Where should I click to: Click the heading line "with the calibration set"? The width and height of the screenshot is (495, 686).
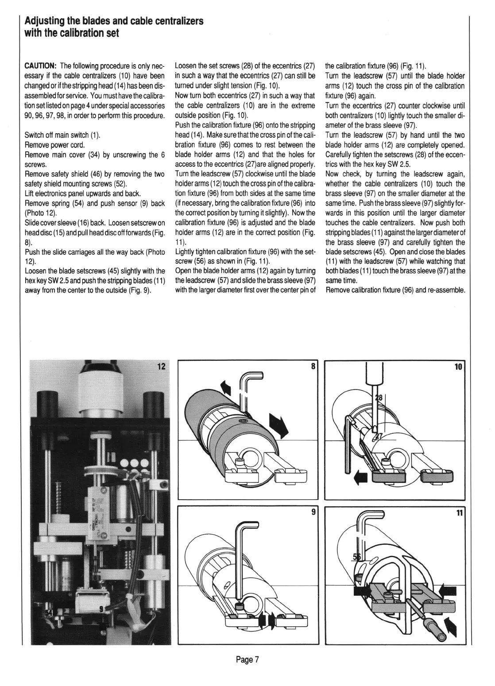72,34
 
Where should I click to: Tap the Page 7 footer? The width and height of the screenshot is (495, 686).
247,660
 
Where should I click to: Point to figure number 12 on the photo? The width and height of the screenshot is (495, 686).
161,366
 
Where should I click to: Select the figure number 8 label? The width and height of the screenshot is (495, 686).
313,366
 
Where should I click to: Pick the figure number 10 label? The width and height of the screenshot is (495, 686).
458,366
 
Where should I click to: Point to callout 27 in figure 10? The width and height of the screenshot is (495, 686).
379,436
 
